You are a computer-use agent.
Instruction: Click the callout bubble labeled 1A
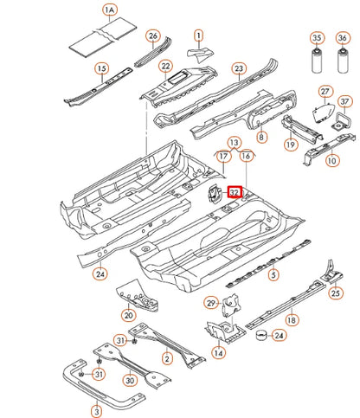pos(109,11)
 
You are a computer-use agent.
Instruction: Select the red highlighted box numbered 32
pos(234,193)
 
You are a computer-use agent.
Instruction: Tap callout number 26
pos(153,36)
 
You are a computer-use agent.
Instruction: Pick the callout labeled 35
pos(318,38)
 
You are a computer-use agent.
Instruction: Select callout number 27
pos(325,92)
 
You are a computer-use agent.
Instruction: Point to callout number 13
pos(235,141)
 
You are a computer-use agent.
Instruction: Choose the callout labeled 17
pos(222,157)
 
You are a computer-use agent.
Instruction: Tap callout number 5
pos(273,275)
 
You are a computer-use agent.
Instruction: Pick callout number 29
pos(210,302)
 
